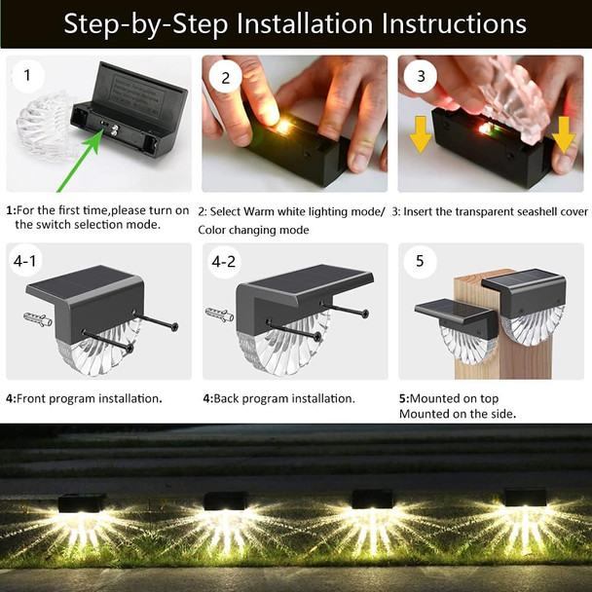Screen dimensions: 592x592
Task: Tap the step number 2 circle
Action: tap(225, 77)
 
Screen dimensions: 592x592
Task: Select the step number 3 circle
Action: tap(421, 77)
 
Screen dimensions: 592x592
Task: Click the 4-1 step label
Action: tap(28, 261)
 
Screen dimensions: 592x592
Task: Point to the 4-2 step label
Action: tap(224, 261)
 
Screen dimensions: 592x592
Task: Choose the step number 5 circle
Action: tap(420, 261)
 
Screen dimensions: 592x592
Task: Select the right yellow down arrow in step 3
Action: tap(562, 135)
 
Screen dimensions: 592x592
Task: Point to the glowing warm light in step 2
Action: tap(282, 128)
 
